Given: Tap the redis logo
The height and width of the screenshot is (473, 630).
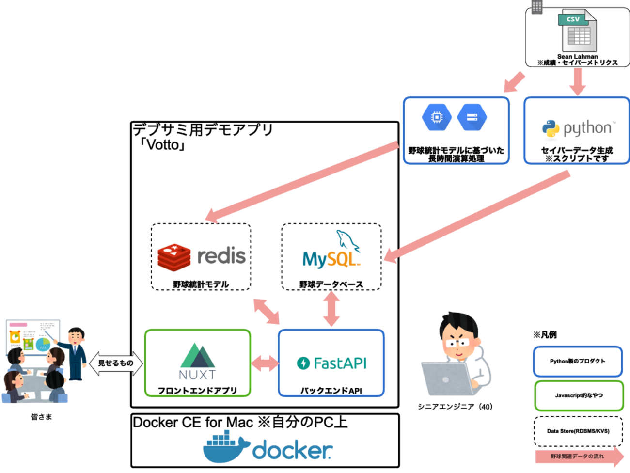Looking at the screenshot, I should (x=202, y=256).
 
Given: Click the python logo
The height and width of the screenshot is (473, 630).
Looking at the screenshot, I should (x=576, y=128).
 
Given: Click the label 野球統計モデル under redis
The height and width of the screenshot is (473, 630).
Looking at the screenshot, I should (x=201, y=284).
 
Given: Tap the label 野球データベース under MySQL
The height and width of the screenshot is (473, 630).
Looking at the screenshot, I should (x=331, y=284).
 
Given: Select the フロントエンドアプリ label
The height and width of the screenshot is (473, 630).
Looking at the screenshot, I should (x=197, y=390).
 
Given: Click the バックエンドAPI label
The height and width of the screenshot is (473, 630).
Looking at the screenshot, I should (x=331, y=390).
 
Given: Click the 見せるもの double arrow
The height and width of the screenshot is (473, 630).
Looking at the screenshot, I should (x=116, y=363).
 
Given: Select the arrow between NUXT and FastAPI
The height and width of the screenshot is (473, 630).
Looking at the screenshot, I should (x=265, y=363).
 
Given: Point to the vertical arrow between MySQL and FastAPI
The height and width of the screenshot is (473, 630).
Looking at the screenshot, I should (x=331, y=309).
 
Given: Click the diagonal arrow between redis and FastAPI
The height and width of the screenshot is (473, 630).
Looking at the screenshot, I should (x=267, y=311).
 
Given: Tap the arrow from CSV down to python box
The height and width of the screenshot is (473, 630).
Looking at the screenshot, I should (x=577, y=80).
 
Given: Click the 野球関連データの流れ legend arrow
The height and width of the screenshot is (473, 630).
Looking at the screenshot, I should (x=579, y=457).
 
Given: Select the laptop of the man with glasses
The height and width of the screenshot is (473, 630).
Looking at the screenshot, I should (x=446, y=378).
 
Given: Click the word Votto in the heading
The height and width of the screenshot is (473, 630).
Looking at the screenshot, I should (x=162, y=144).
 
